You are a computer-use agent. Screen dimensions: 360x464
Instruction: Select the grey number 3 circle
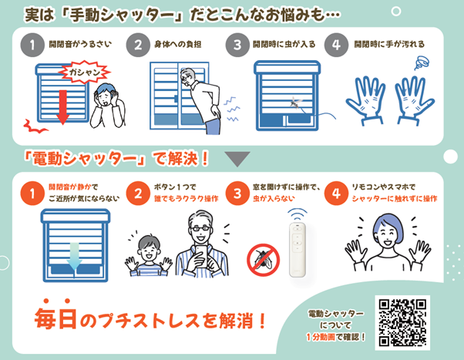[238, 45]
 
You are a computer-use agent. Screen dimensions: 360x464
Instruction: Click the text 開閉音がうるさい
[76, 45]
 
